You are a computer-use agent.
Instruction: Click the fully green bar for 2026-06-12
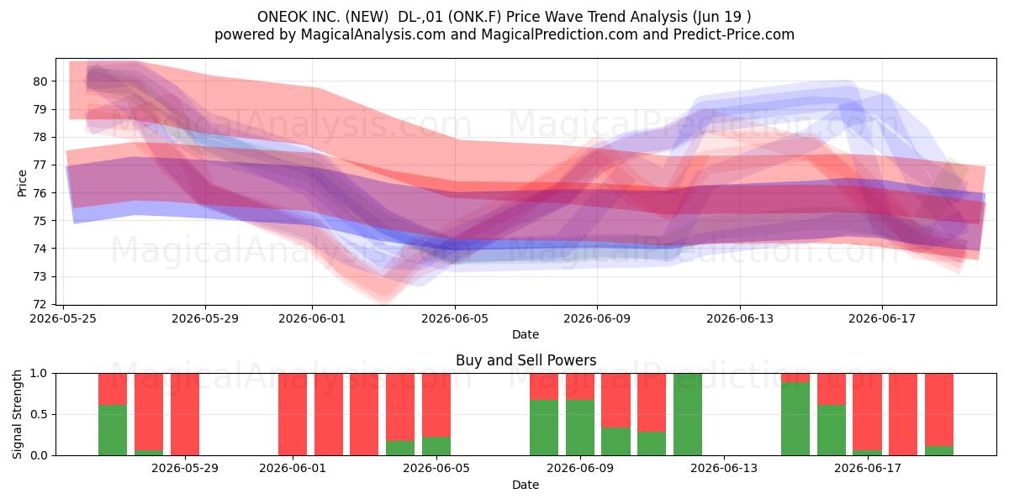point(688,414)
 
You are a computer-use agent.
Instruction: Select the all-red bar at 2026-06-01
point(293,414)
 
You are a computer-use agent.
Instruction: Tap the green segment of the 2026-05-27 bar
point(113,430)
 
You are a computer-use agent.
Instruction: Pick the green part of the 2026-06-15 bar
point(795,418)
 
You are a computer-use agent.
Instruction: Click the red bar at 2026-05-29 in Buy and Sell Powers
point(185,414)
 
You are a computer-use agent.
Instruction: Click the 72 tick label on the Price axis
point(40,304)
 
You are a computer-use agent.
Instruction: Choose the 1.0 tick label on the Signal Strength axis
point(39,374)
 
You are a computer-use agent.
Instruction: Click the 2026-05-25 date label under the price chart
point(63,318)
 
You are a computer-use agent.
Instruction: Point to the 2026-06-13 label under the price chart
point(740,318)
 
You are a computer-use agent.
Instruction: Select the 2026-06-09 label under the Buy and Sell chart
point(580,469)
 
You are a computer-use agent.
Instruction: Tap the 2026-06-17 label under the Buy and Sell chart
point(868,469)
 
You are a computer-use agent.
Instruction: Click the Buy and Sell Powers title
point(526,360)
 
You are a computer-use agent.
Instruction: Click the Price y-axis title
point(22,183)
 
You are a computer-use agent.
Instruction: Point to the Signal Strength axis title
point(17,414)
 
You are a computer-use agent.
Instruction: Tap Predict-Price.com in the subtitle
point(734,34)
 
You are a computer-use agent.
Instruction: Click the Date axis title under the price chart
point(526,334)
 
